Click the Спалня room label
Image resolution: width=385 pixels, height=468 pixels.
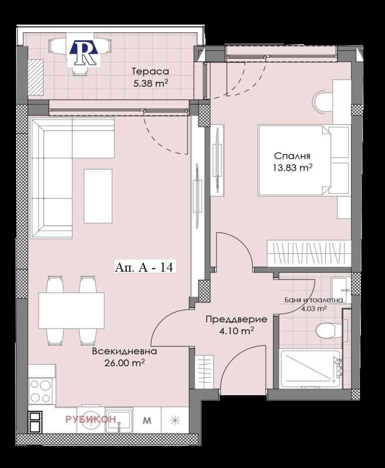pos(292,156)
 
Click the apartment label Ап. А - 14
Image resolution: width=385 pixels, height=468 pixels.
pos(144,267)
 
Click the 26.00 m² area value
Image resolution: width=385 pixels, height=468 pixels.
pos(125,363)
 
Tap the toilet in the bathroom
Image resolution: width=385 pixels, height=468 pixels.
pos(328,330)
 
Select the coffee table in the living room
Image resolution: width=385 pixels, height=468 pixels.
pos(98,196)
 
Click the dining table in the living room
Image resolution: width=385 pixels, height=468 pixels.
pos(71,310)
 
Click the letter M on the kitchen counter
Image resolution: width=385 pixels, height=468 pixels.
pos(147,420)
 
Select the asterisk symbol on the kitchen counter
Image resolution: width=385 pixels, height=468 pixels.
pos(174,420)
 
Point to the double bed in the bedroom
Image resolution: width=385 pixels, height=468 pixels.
pos(296,160)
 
